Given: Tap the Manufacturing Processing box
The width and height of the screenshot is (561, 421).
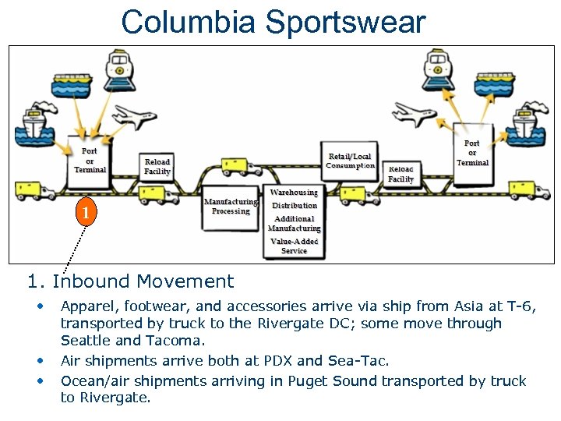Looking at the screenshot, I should tap(231, 207).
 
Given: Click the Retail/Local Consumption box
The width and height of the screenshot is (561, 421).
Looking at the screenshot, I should tap(350, 161).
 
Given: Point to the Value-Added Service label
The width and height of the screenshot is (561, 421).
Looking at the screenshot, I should tap(294, 246).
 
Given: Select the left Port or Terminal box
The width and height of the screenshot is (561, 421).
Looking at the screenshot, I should tap(90, 160).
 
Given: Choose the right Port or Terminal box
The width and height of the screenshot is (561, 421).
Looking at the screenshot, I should tap(472, 153).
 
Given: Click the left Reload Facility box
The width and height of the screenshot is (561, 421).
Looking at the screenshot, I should tap(157, 166).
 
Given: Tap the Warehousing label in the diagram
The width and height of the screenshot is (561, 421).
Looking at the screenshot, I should tap(294, 193).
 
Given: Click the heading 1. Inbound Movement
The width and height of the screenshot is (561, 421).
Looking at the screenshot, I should tap(130, 281).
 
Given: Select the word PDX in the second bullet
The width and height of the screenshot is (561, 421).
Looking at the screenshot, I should tap(315, 361).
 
